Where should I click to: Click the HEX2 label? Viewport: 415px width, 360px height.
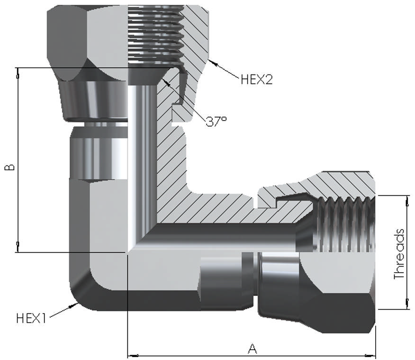click(x=257, y=79)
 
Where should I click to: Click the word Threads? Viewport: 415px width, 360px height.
click(x=399, y=254)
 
